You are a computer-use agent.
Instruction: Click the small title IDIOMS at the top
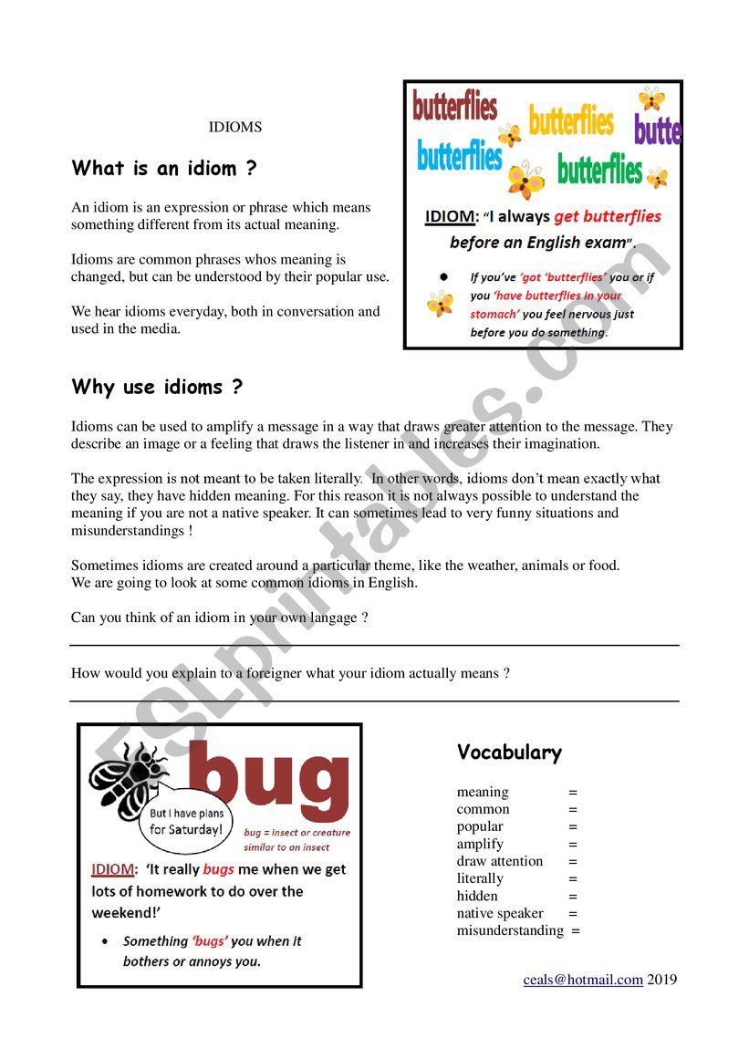(235, 128)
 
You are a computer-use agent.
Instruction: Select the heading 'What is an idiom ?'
(164, 169)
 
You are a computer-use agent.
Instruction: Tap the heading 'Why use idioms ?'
(157, 387)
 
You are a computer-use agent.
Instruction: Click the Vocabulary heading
(509, 753)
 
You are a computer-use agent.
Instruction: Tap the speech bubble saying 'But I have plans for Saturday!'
(185, 822)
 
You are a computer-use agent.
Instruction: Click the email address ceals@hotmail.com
(583, 980)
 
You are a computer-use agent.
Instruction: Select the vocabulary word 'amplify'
(480, 844)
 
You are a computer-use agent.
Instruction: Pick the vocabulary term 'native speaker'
(500, 913)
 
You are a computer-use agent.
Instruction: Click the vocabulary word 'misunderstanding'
(510, 930)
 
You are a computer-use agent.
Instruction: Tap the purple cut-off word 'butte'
(658, 130)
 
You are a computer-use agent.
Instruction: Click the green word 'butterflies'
(599, 170)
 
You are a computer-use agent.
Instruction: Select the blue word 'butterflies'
(459, 156)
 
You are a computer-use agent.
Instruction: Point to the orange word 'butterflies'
(571, 120)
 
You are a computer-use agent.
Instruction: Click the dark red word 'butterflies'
(454, 106)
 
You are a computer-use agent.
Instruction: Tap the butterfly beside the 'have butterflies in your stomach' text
(440, 303)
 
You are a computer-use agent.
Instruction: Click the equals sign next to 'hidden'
(573, 896)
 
